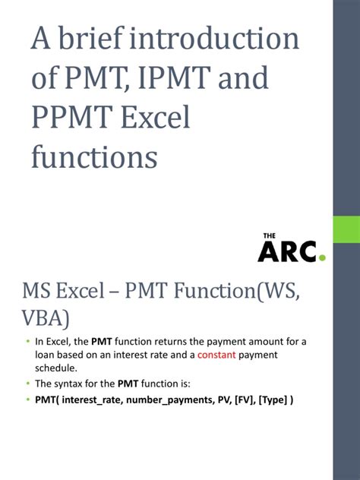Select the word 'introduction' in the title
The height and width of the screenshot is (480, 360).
220,40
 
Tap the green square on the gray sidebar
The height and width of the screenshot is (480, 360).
346,229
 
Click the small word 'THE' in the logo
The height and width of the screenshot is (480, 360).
270,236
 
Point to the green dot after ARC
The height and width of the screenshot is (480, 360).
322,258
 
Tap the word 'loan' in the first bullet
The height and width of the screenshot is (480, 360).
46,354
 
